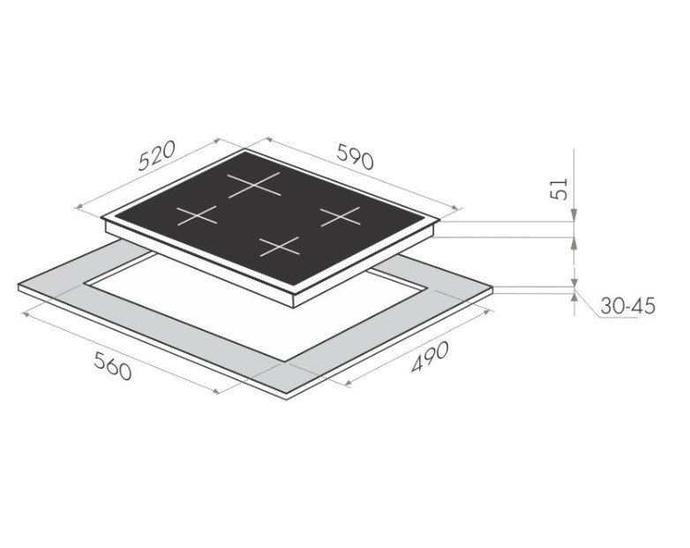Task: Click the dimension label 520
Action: (157, 155)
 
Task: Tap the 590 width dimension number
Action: (355, 156)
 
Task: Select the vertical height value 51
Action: (559, 189)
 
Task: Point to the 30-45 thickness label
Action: (628, 306)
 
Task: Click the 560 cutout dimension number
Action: (113, 365)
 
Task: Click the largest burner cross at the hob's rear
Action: (254, 184)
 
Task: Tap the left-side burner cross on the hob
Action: (197, 215)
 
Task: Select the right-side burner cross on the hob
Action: (340, 216)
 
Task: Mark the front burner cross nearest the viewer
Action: (279, 246)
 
